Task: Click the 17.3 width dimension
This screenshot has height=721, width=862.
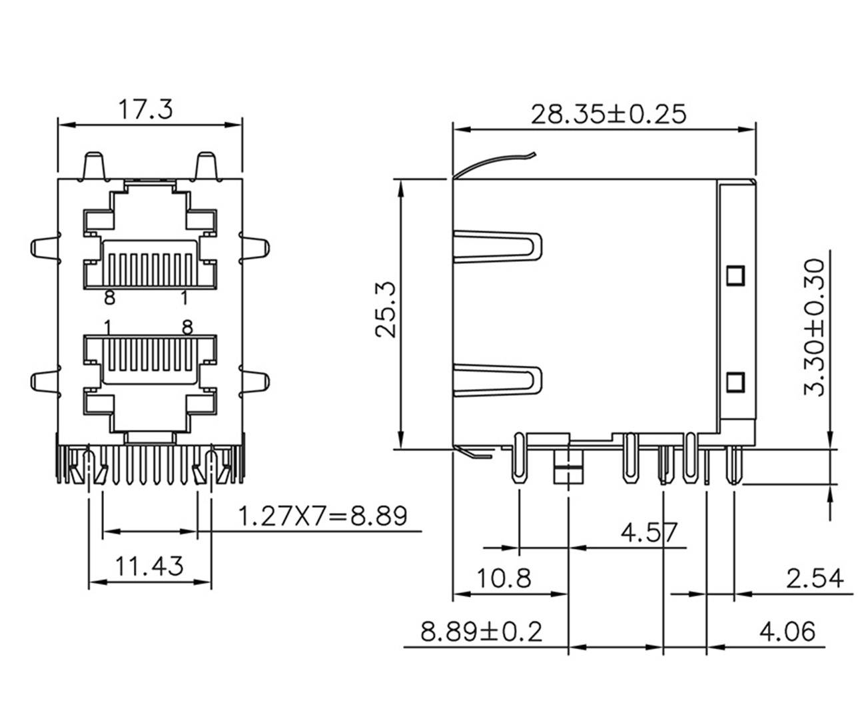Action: tap(145, 109)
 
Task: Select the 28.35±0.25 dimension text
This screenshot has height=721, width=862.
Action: tap(608, 114)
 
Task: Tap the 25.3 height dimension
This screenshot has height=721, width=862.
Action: tap(386, 310)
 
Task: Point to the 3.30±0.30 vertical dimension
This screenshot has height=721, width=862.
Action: tap(814, 327)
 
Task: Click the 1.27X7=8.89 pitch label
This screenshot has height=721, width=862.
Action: tap(322, 515)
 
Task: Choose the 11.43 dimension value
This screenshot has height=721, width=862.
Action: tap(149, 566)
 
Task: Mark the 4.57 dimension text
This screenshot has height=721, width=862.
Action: tap(649, 532)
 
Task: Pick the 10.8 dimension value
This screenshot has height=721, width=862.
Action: tap(504, 578)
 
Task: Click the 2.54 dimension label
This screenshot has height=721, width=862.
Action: tap(814, 578)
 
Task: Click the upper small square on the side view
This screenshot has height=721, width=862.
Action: tap(735, 274)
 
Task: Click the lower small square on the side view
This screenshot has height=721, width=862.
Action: tap(735, 381)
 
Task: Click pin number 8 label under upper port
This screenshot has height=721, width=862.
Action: tap(110, 299)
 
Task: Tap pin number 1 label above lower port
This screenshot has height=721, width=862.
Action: tap(107, 327)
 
